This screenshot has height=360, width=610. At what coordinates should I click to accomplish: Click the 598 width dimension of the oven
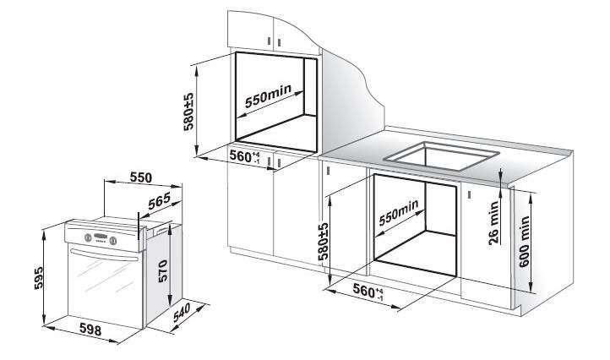(90, 330)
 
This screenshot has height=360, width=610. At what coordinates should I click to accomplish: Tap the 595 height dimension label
(39, 277)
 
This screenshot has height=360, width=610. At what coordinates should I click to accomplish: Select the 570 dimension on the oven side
(162, 270)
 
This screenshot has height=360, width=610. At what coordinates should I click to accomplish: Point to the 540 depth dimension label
(182, 312)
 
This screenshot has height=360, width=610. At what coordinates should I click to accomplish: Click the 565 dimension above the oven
(159, 201)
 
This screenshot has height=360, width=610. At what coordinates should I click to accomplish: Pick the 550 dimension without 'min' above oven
(141, 177)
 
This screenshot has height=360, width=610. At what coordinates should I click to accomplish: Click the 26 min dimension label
(493, 222)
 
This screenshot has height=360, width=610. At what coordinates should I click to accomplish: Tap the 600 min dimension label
(524, 242)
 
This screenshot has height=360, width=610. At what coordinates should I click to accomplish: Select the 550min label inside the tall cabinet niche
(268, 96)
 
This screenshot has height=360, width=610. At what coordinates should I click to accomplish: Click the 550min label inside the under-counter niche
(399, 212)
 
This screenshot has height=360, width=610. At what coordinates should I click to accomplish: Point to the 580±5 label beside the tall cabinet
(188, 112)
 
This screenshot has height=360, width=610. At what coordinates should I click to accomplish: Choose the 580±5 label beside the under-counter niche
(323, 242)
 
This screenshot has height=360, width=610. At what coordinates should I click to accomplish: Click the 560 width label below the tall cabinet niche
(244, 156)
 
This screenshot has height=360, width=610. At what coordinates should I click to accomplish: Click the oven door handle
(104, 255)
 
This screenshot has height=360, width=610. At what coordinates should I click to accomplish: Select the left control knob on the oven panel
(88, 237)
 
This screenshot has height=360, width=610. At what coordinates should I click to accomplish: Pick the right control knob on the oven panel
(113, 241)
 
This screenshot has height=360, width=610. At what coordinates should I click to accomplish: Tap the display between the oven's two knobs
(101, 237)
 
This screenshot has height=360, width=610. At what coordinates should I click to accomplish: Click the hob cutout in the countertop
(442, 156)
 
